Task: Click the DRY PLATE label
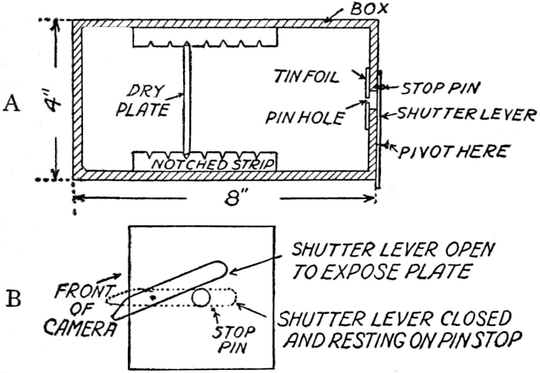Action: (142, 101)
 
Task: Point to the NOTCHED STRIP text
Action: (213, 164)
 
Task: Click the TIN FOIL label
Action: (307, 77)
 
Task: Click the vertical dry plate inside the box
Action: (186, 99)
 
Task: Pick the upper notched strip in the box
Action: (205, 38)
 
